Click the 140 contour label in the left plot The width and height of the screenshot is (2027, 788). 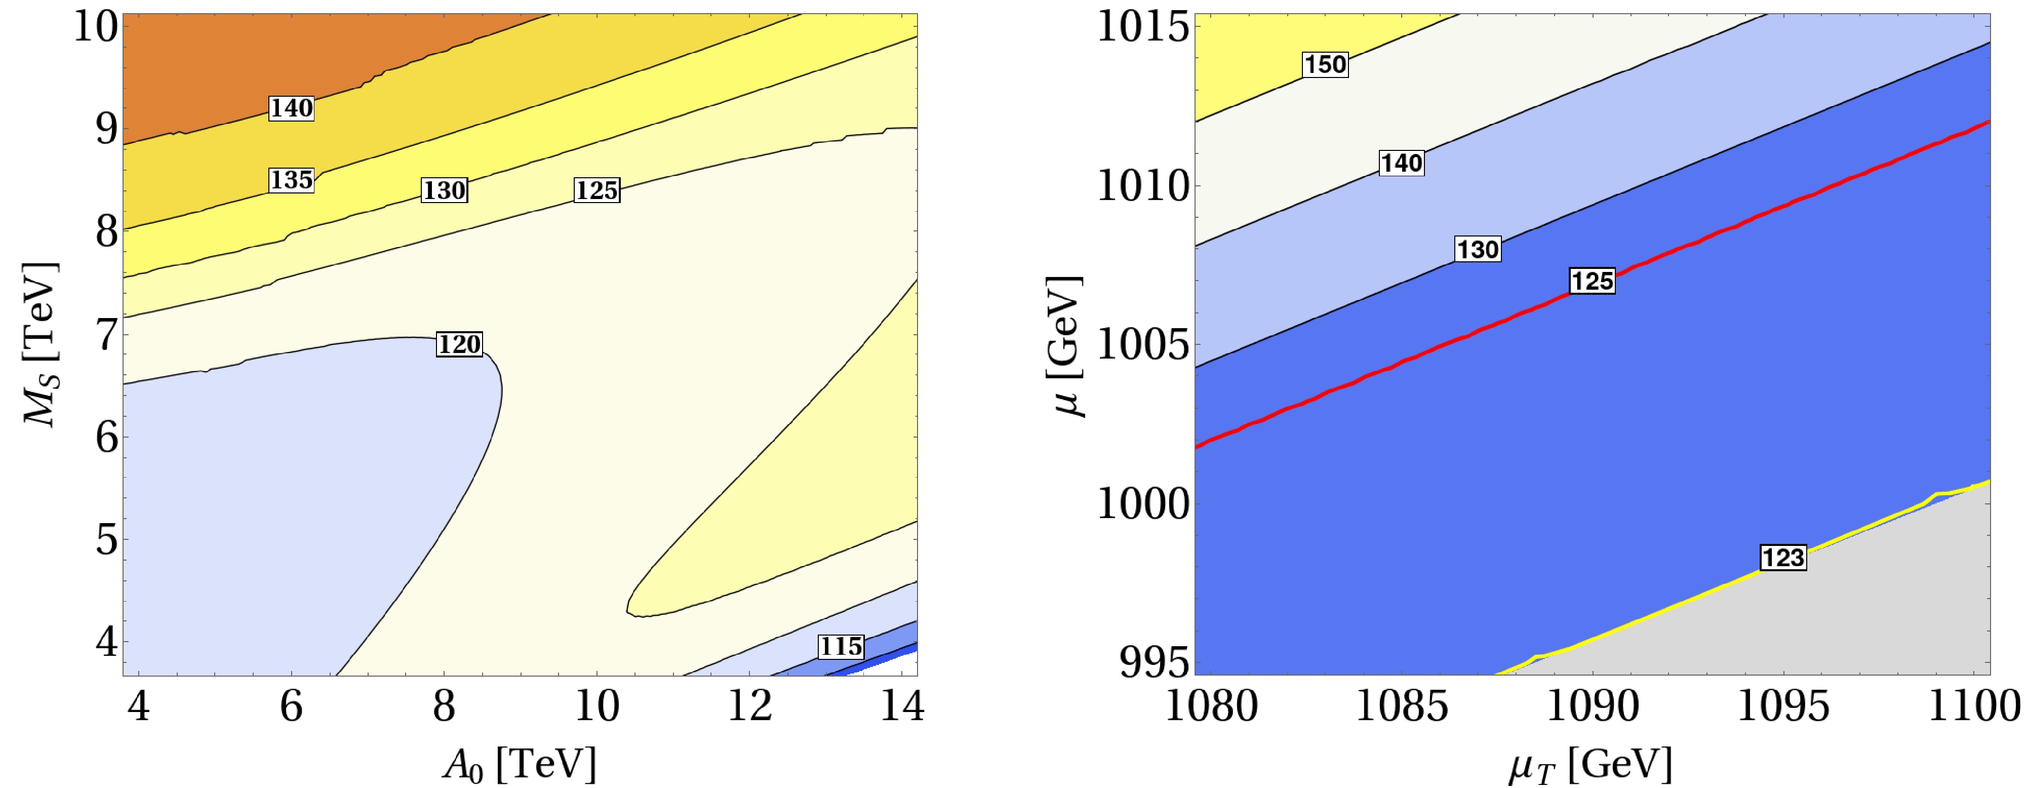[x=291, y=108]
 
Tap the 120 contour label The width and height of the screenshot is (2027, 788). [x=460, y=344]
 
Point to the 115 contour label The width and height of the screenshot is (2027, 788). [x=841, y=646]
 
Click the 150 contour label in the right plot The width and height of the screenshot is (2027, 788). [x=1325, y=64]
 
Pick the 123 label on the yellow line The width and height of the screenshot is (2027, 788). [x=1782, y=558]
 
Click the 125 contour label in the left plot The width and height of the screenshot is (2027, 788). [x=597, y=190]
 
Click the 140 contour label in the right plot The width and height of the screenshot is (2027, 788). [x=1402, y=164]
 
